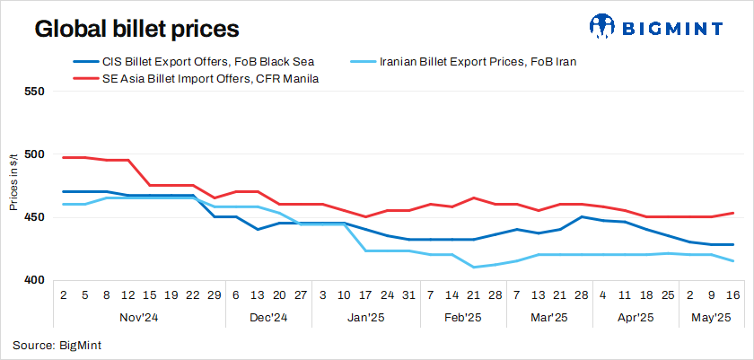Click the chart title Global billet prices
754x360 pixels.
[136, 29]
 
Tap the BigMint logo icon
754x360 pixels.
[603, 27]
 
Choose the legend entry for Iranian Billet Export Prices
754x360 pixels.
[478, 62]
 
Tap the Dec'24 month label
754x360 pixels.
[267, 317]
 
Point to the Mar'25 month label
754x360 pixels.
[548, 317]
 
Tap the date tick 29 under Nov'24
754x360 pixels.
[215, 294]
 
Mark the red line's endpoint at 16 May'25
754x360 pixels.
[733, 213]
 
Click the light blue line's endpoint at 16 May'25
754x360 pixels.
[733, 261]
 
